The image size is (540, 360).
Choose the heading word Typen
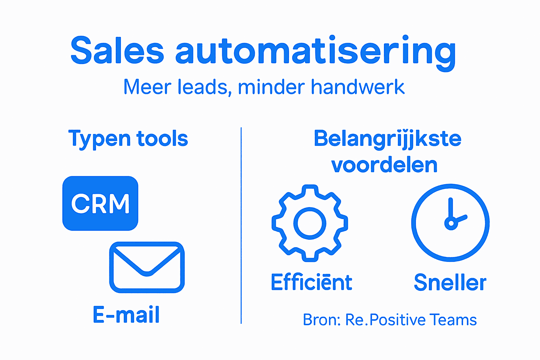[x=99, y=139]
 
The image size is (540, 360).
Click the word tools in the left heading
[x=162, y=139]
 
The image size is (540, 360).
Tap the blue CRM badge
[x=100, y=203]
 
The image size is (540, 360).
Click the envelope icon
[x=147, y=267]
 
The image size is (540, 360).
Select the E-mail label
[x=126, y=314]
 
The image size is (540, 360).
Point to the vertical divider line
[x=241, y=225]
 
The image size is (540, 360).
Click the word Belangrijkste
[x=387, y=139]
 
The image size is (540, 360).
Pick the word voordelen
[x=384, y=165]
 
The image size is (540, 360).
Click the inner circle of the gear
[x=310, y=223]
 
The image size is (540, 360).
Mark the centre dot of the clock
[x=451, y=223]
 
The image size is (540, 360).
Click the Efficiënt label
[x=311, y=282]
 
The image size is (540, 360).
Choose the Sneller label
[x=450, y=282]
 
